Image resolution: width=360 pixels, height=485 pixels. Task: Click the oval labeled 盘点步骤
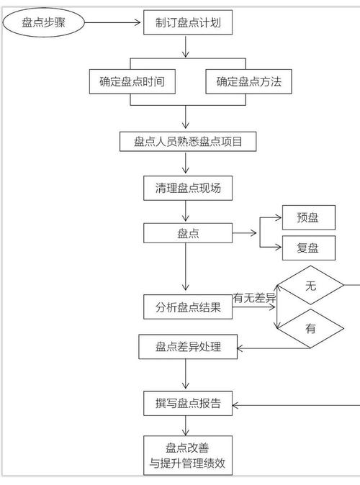(43, 22)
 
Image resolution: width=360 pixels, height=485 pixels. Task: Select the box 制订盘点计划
(187, 22)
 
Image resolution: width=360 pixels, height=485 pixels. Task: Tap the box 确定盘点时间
(132, 82)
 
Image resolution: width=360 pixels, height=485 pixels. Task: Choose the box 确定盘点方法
(248, 82)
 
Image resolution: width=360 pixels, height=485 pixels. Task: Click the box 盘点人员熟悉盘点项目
(187, 142)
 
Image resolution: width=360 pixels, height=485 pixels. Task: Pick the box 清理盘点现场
(187, 189)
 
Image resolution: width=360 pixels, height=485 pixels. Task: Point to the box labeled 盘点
(187, 233)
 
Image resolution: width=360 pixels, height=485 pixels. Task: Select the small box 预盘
(307, 217)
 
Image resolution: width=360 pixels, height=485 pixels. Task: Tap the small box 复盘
(307, 248)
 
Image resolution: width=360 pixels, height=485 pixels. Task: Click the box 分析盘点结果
(187, 307)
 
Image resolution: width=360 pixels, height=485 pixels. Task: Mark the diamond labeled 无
(310, 286)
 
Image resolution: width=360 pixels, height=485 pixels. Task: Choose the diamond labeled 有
(310, 329)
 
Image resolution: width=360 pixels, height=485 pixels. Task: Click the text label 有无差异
(254, 297)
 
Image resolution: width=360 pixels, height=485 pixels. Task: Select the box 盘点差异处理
(187, 348)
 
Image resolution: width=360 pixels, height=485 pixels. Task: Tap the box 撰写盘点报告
(187, 404)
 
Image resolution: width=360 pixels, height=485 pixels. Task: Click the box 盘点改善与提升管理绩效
(187, 456)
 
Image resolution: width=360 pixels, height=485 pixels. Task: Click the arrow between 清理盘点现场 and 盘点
(186, 211)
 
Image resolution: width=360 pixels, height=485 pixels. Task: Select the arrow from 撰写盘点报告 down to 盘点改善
(186, 426)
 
